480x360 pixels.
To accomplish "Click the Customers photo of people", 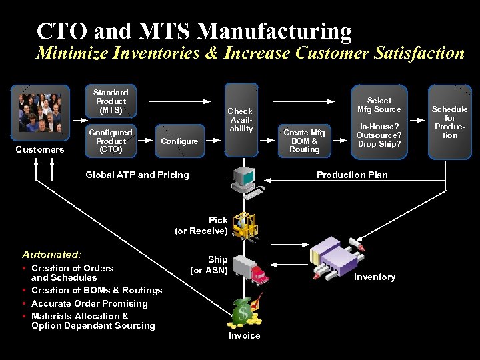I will pos(40,111).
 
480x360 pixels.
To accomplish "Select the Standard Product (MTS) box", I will pos(111,101).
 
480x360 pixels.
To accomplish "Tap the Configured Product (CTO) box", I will pos(111,141).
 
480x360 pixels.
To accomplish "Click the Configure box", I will pos(179,141).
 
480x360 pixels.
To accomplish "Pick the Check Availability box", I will pos(241,120).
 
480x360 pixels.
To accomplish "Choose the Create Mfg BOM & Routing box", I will pos(305,141).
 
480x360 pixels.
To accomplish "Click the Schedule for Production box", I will pos(450,121).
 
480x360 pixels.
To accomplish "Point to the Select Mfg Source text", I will pos(379,105).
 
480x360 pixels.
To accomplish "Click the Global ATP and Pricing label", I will pos(137,175).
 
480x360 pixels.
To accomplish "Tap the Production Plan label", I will pos(352,175).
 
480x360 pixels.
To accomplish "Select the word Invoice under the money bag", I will pos(245,335).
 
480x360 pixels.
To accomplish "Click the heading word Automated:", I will pos(52,254).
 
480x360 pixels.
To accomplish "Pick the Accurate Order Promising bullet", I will pos(89,303).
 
